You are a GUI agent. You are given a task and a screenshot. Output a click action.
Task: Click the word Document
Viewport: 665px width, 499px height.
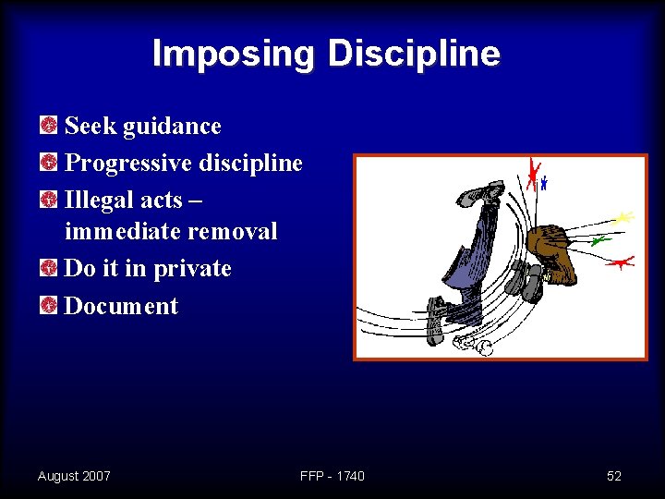pyautogui.click(x=121, y=306)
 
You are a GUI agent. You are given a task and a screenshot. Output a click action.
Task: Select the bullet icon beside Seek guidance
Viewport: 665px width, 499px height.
pyautogui.click(x=48, y=125)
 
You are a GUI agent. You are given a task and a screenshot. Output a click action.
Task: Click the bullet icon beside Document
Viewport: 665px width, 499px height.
pyautogui.click(x=48, y=305)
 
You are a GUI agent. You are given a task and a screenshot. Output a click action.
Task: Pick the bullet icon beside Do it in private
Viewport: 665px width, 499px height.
pyautogui.click(x=48, y=268)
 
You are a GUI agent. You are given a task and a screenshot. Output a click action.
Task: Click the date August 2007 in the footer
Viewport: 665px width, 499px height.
pyautogui.click(x=74, y=476)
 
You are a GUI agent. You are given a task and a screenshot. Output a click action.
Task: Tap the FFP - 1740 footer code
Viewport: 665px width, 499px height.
pyautogui.click(x=332, y=476)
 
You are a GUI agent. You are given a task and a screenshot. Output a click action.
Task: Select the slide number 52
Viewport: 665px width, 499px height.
pyautogui.click(x=614, y=476)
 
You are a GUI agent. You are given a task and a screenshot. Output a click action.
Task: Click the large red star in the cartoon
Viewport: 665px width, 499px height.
pyautogui.click(x=532, y=175)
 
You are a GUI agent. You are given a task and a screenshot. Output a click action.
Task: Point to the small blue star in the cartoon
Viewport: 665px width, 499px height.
pyautogui.click(x=544, y=183)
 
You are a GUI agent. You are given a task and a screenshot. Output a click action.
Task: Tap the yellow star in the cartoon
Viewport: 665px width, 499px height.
pyautogui.click(x=623, y=218)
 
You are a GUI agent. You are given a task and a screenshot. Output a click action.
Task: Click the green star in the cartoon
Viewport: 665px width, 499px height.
pyautogui.click(x=599, y=240)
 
